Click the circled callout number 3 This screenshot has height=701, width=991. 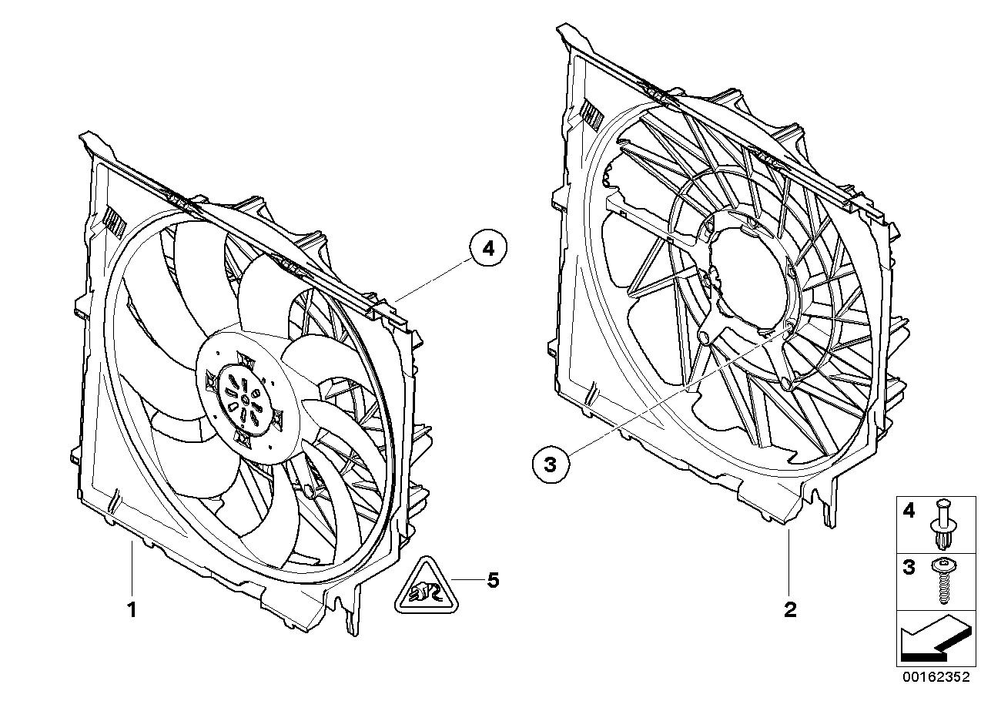[549, 465]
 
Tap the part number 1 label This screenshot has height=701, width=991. [132, 610]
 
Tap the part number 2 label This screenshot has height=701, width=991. [790, 610]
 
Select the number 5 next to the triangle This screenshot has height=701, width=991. [493, 580]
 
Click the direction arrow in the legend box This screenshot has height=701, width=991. [932, 639]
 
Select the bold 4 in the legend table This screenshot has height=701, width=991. [909, 511]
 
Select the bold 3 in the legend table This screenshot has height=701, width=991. [909, 569]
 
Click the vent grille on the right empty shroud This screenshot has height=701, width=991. [594, 116]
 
